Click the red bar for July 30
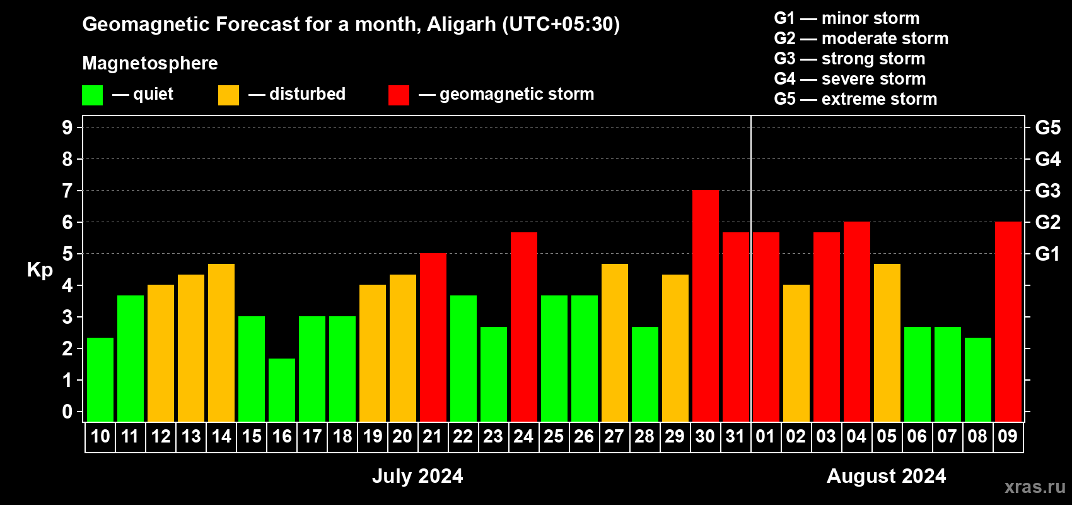click(x=706, y=306)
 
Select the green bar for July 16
click(x=282, y=390)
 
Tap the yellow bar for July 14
click(x=221, y=343)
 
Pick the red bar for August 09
click(x=1008, y=321)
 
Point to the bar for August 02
click(x=796, y=353)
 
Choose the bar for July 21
click(x=433, y=337)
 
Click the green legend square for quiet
click(x=92, y=95)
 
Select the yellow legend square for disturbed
click(x=228, y=95)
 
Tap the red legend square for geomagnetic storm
click(x=399, y=95)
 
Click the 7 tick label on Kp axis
click(x=67, y=191)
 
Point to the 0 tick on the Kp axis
click(x=67, y=412)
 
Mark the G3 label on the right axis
click(x=1047, y=191)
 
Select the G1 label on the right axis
click(x=1047, y=254)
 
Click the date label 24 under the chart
click(x=523, y=436)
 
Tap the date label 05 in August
click(x=887, y=436)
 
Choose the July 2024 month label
click(x=417, y=476)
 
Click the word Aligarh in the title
click(x=462, y=25)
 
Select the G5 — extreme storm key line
click(x=855, y=99)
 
